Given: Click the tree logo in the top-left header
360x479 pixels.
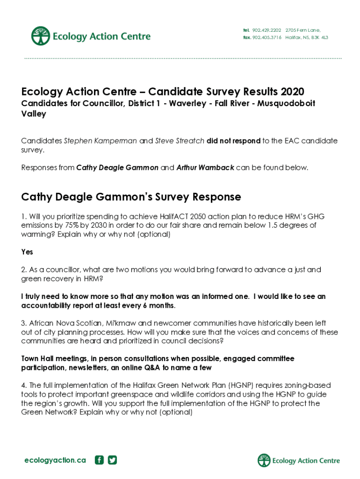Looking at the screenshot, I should point(41,36).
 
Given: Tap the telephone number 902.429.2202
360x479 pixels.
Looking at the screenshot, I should point(266,30).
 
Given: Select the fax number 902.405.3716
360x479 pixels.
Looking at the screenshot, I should point(266,37).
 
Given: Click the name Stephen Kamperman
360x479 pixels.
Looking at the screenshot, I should point(101,141).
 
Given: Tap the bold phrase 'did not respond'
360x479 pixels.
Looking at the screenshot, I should point(233,141).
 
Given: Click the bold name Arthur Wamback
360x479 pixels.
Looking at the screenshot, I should point(205,167).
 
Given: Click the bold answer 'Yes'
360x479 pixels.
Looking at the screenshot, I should point(27,252).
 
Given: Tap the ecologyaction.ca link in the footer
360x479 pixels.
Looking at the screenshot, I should point(55,460).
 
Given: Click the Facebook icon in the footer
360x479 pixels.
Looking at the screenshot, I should point(99,460).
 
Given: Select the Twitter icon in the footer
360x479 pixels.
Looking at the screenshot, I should point(112,460).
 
